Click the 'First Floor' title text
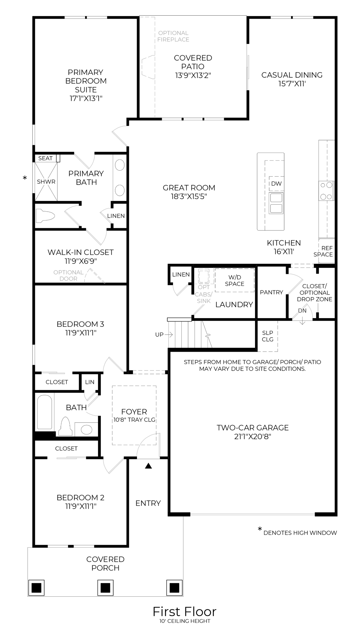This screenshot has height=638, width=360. coord(184,611)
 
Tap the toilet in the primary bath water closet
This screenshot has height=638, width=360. coord(45,215)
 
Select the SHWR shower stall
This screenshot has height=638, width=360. coord(46,182)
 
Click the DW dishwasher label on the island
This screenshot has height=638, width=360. coord(276,184)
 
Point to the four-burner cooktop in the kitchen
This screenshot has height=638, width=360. coord(326,191)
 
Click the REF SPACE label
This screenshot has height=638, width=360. coord(323,251)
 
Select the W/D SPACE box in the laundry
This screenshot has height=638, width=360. coord(234,281)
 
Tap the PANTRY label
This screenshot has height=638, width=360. coord(271,292)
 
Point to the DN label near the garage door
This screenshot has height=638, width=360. coord(302,311)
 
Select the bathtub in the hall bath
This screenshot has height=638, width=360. coord(44,412)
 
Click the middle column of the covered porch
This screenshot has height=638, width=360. coord(105,588)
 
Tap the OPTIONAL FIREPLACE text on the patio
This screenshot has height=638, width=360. coord(173,36)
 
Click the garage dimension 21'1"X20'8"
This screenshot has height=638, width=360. coord(252,436)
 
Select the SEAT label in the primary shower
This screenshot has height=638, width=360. coord(45,158)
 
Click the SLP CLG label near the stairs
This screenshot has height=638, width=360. coord(267,336)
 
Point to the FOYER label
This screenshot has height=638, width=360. coord(134,412)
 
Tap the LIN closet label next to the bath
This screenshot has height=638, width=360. coord(90,382)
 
